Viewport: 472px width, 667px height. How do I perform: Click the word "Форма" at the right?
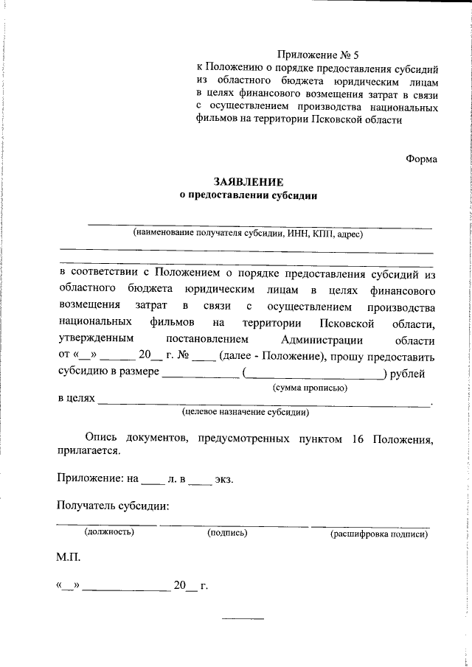pyautogui.click(x=421, y=158)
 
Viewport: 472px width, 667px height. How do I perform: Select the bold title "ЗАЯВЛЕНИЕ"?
pyautogui.click(x=248, y=181)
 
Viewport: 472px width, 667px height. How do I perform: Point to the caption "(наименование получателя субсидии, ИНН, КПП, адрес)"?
pyautogui.click(x=249, y=234)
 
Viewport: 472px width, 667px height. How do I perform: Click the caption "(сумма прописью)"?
pyautogui.click(x=310, y=387)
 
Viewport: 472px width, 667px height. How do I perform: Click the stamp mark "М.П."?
pyautogui.click(x=69, y=559)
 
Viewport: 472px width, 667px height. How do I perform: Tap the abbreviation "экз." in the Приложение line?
pyautogui.click(x=223, y=479)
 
